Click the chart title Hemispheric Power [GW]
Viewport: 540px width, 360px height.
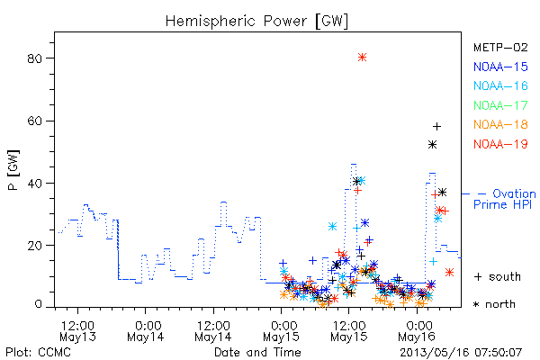tap(256, 22)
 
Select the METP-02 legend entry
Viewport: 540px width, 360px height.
tap(500, 47)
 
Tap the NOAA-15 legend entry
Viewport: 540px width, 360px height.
tap(500, 67)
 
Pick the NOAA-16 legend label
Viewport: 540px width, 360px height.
tap(500, 85)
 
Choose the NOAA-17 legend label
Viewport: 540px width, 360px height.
tap(500, 105)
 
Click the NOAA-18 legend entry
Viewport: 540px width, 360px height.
tap(500, 124)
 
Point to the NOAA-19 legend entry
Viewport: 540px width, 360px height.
tap(500, 144)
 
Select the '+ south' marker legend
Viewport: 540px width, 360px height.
tap(498, 276)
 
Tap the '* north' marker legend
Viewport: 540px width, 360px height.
tap(494, 304)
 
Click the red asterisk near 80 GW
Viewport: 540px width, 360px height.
tap(362, 58)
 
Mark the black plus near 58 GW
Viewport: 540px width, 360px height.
tap(436, 127)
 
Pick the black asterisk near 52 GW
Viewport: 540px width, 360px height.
tap(433, 145)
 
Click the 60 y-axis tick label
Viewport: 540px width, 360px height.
tap(34, 121)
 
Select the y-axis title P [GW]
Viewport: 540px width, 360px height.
tap(13, 170)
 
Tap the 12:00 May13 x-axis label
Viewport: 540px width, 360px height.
tap(77, 330)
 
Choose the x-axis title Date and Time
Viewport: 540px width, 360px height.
tap(257, 352)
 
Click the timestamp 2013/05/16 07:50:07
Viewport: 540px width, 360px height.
tap(461, 353)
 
